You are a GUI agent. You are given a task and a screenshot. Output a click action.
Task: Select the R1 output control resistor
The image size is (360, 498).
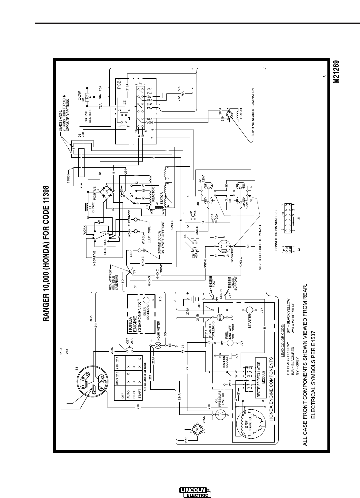[87, 96]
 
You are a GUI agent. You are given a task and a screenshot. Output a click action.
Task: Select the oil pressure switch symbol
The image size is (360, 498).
[221, 415]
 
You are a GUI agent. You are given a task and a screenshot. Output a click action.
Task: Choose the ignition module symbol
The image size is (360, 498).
[230, 356]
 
